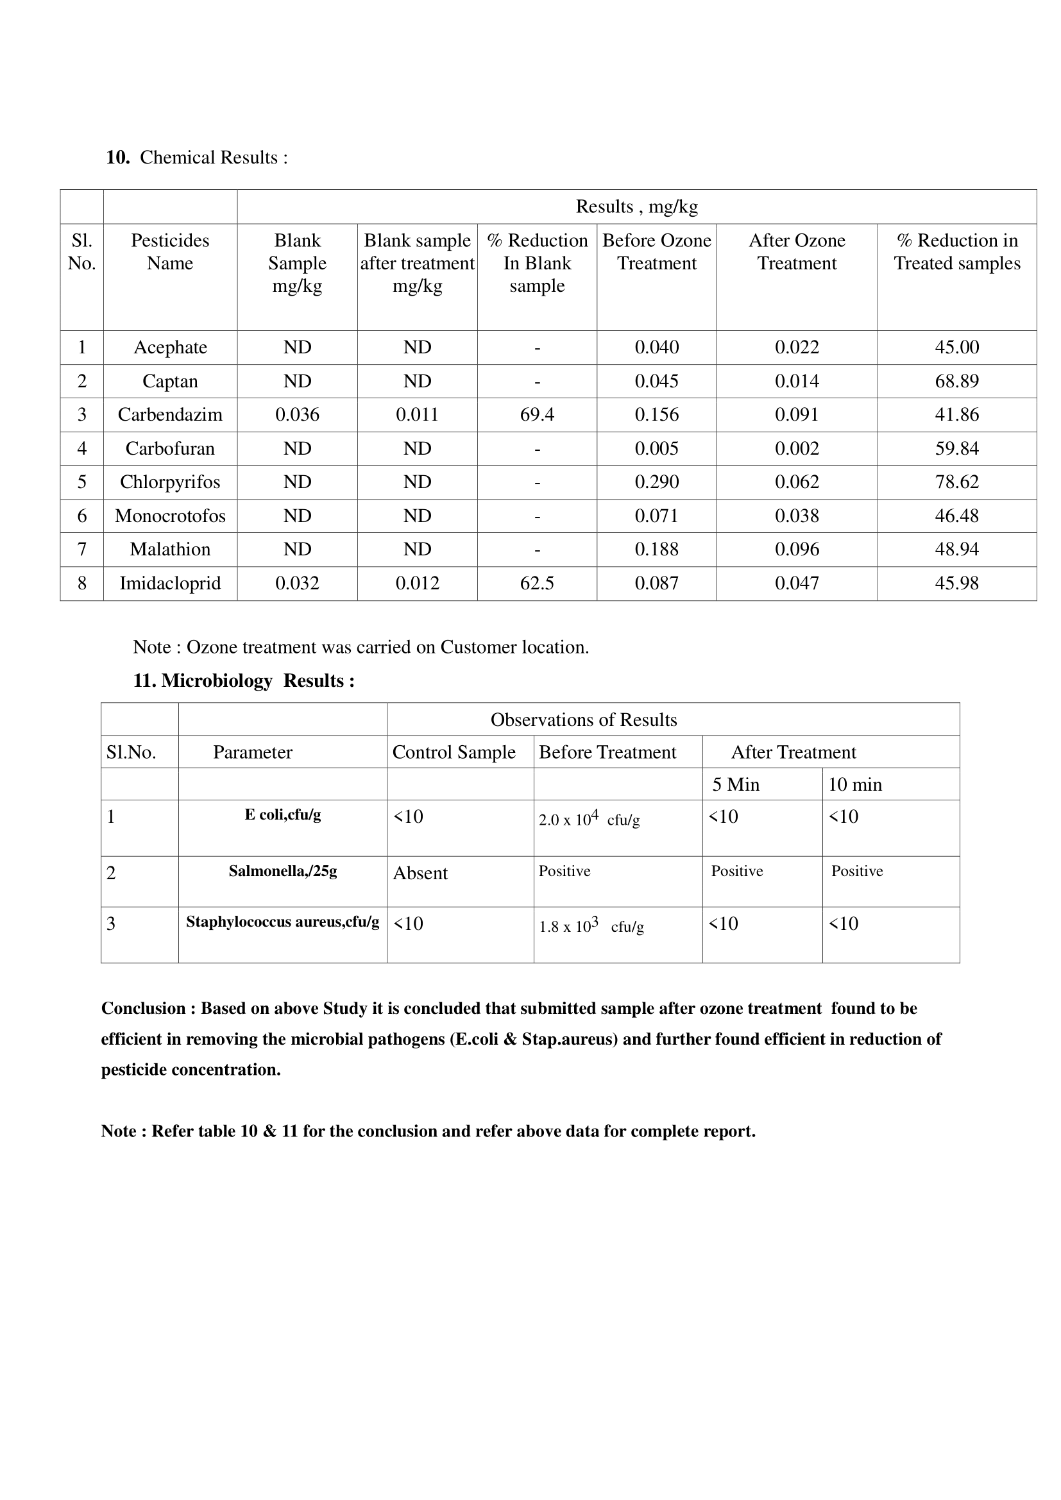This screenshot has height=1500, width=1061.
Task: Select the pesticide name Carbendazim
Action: coord(170,415)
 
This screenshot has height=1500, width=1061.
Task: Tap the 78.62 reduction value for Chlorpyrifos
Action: coord(956,482)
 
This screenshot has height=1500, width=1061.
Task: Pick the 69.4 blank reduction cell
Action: coord(536,415)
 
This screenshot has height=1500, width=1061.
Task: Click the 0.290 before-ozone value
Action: coord(657,482)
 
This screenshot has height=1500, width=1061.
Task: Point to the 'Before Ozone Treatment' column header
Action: coord(657,252)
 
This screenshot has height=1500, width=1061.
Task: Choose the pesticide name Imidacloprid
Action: coord(170,584)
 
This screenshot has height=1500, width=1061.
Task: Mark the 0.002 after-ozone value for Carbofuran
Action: coord(797,449)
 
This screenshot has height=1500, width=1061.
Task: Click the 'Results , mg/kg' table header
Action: coord(636,207)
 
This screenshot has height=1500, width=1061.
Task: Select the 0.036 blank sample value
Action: coord(296,415)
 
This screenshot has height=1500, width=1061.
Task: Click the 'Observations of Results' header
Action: coord(583,720)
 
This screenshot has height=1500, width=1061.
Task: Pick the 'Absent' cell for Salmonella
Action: coord(420,873)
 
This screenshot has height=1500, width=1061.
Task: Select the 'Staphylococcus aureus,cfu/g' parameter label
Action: coord(282,922)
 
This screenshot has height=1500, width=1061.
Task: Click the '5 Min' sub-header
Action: coord(736,784)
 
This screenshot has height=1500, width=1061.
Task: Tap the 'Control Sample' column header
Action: coord(454,753)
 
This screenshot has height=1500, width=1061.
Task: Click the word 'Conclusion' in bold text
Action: coord(144,1008)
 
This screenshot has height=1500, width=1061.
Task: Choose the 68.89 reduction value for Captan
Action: coord(956,382)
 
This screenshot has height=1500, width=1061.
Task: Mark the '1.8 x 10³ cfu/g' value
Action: coord(591,927)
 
